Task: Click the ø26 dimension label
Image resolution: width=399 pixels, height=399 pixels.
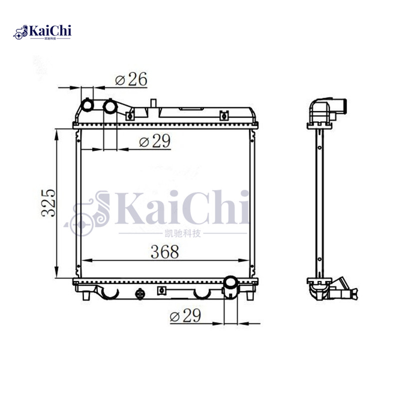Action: [x=131, y=79]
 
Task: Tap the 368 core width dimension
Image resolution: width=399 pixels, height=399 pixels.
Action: [x=165, y=252]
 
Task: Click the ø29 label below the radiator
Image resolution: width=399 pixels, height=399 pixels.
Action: [x=185, y=315]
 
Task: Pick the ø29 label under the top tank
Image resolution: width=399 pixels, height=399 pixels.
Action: [x=155, y=142]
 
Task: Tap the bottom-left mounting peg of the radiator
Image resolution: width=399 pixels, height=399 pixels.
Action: [x=88, y=295]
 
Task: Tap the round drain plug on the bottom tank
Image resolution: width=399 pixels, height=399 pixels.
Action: [x=141, y=293]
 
